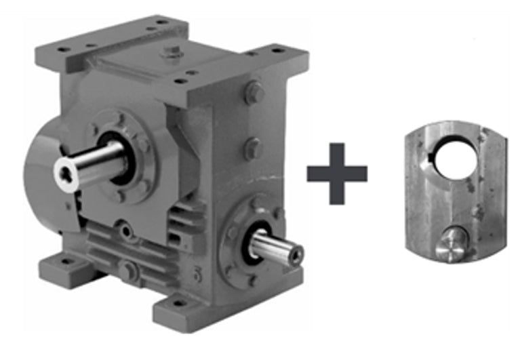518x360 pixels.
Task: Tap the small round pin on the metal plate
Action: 448,245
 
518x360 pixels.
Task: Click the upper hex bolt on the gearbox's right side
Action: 254,92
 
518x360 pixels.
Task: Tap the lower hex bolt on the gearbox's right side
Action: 252,147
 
